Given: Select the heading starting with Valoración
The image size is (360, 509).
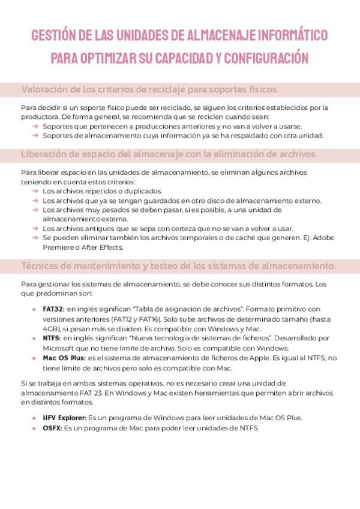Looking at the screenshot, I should (150, 89).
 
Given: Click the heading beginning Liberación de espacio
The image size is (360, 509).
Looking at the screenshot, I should (169, 154).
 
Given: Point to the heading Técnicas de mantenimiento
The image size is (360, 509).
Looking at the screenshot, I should (178, 265).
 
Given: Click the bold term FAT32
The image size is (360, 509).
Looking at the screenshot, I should (52, 309).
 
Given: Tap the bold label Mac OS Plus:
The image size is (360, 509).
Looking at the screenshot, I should (64, 358).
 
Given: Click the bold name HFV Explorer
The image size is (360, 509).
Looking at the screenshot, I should (65, 417).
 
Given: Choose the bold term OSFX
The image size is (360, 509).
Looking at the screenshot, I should (53, 427).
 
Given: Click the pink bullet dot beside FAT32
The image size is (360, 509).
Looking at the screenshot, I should (34, 309).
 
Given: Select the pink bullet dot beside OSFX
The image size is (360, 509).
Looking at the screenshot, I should (34, 427).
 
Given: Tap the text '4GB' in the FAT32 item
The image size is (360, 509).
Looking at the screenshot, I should (51, 328).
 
